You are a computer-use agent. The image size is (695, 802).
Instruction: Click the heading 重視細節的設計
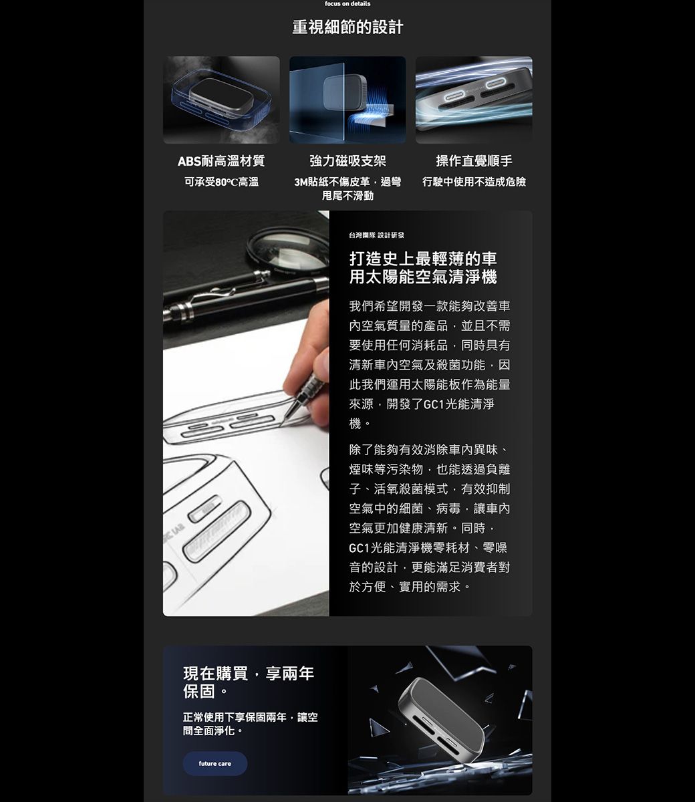347,27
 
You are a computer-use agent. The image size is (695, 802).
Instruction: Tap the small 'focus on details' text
347,4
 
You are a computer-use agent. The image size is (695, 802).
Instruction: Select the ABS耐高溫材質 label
221,161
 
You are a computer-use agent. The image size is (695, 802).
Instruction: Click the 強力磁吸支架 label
347,161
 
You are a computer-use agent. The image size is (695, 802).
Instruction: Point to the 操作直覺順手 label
474,161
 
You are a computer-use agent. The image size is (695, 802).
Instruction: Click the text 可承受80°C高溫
221,182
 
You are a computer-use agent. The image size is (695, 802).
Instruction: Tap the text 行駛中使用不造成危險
474,182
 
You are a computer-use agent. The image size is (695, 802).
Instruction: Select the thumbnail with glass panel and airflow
347,100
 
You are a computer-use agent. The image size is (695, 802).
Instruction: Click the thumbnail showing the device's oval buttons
474,100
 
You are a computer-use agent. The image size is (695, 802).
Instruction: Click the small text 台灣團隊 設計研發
376,235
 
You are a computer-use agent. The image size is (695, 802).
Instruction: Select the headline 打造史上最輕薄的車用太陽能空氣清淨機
423,268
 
